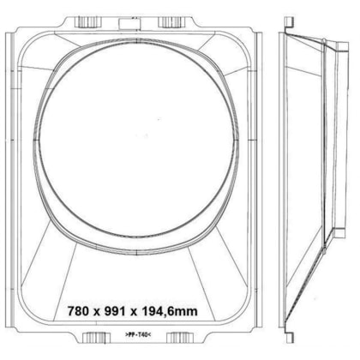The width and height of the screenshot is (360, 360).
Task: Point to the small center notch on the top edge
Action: [x=132, y=17]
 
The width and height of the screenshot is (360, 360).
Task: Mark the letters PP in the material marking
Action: [x=131, y=333]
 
